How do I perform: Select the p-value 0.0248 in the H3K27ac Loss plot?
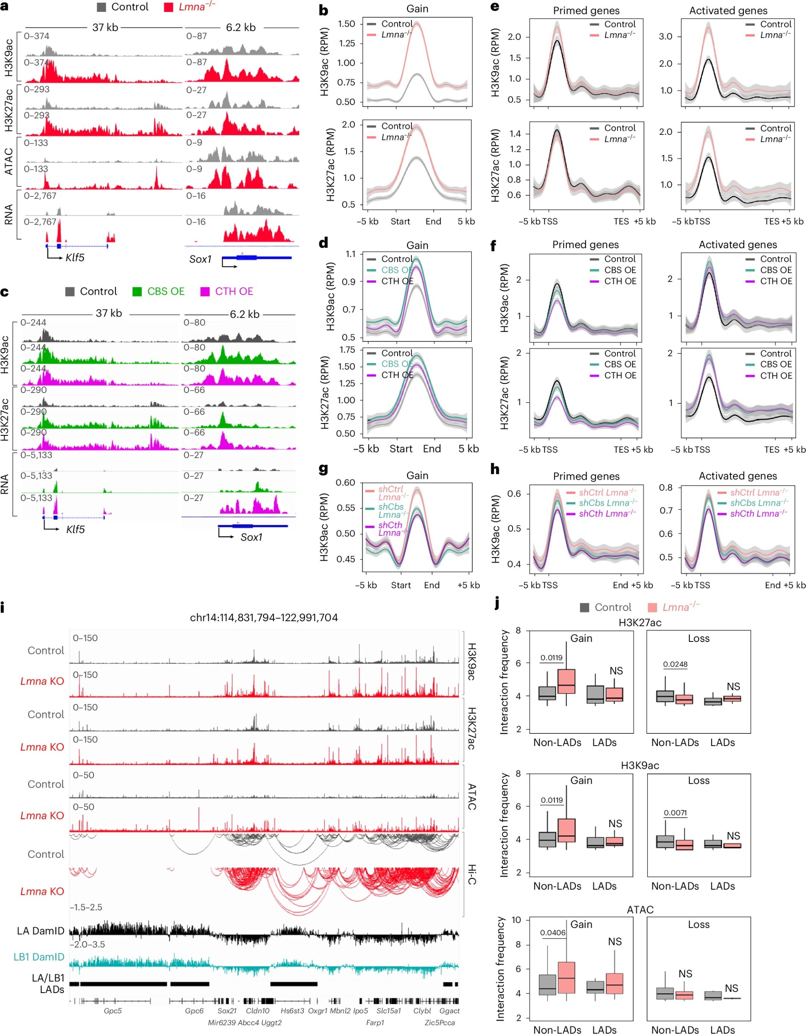(x=675, y=664)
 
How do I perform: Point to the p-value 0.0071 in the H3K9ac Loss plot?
(x=675, y=813)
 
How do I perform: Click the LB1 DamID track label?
(x=39, y=957)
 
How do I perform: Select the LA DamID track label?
(x=40, y=931)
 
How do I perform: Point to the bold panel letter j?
(x=497, y=603)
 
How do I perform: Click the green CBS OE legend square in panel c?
(x=137, y=292)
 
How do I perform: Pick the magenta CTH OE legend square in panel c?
(x=205, y=292)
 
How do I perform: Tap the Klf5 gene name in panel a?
(x=75, y=258)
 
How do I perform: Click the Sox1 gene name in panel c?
(x=251, y=537)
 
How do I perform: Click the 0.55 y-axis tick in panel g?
(x=346, y=508)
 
